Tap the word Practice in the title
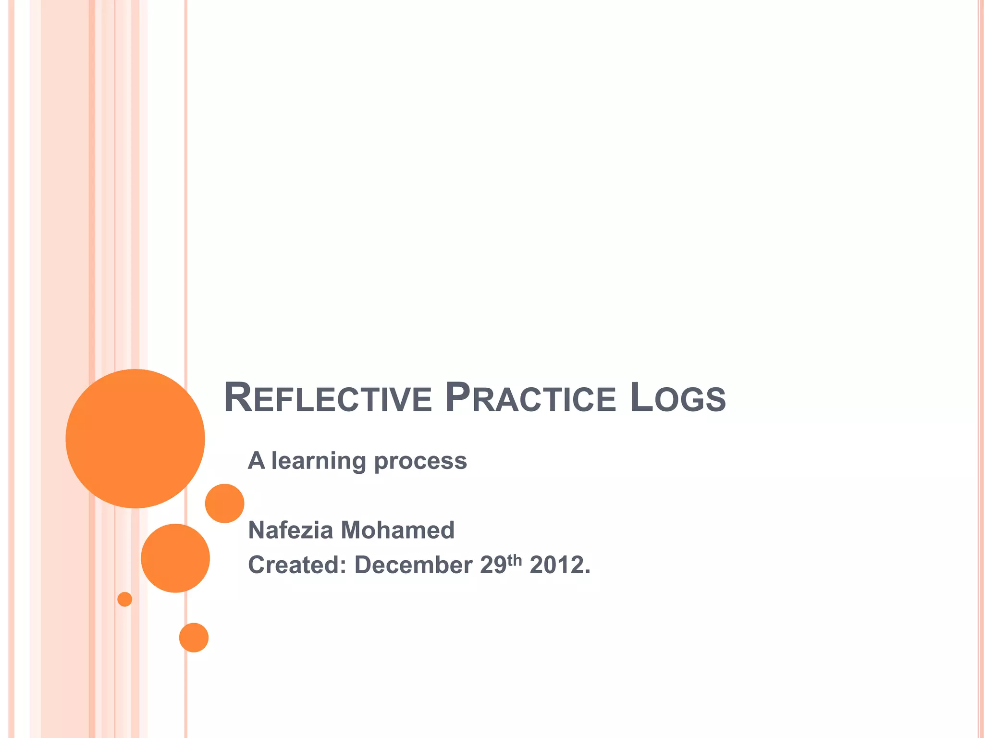530,398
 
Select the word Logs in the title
678,398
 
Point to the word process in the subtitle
420,462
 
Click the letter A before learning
256,460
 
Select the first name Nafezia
291,530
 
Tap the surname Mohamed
397,530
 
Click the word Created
297,565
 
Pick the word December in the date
413,565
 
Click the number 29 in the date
493,565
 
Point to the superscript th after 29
515,560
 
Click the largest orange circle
135,438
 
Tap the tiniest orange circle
125,599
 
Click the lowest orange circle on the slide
194,638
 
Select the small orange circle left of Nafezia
224,504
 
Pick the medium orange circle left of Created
175,558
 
